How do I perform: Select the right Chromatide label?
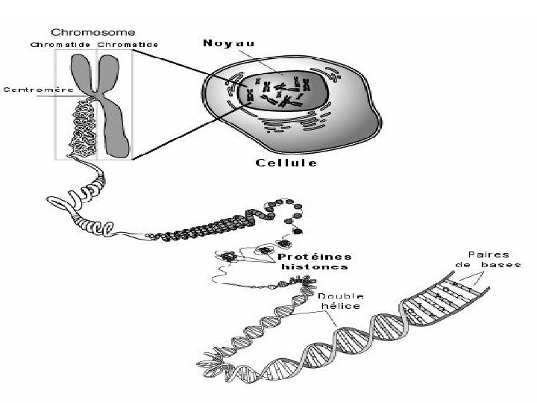click(x=128, y=44)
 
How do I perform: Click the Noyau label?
click(x=228, y=43)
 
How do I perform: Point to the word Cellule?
click(x=286, y=163)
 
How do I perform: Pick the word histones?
click(x=314, y=266)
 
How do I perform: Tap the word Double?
click(x=342, y=296)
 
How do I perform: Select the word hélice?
click(x=342, y=306)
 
